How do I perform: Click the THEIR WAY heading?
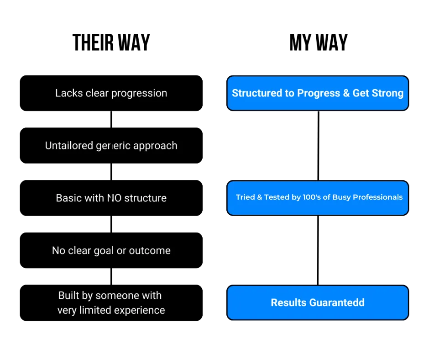(111, 42)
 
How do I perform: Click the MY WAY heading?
(319, 42)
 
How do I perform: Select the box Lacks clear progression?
(111, 93)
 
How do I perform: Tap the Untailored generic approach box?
(111, 145)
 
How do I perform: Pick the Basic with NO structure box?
(111, 198)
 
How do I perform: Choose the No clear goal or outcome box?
(111, 250)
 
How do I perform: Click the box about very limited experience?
(111, 303)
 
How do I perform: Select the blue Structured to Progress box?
(318, 93)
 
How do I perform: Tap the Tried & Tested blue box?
(318, 198)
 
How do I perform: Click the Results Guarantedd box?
(318, 302)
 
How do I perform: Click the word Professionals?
(377, 197)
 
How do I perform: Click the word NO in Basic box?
(114, 198)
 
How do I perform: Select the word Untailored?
(69, 145)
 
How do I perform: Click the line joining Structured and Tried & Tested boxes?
(318, 145)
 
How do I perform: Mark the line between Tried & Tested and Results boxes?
(318, 250)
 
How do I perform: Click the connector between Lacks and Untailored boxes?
(111, 119)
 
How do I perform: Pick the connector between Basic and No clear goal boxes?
(111, 224)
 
